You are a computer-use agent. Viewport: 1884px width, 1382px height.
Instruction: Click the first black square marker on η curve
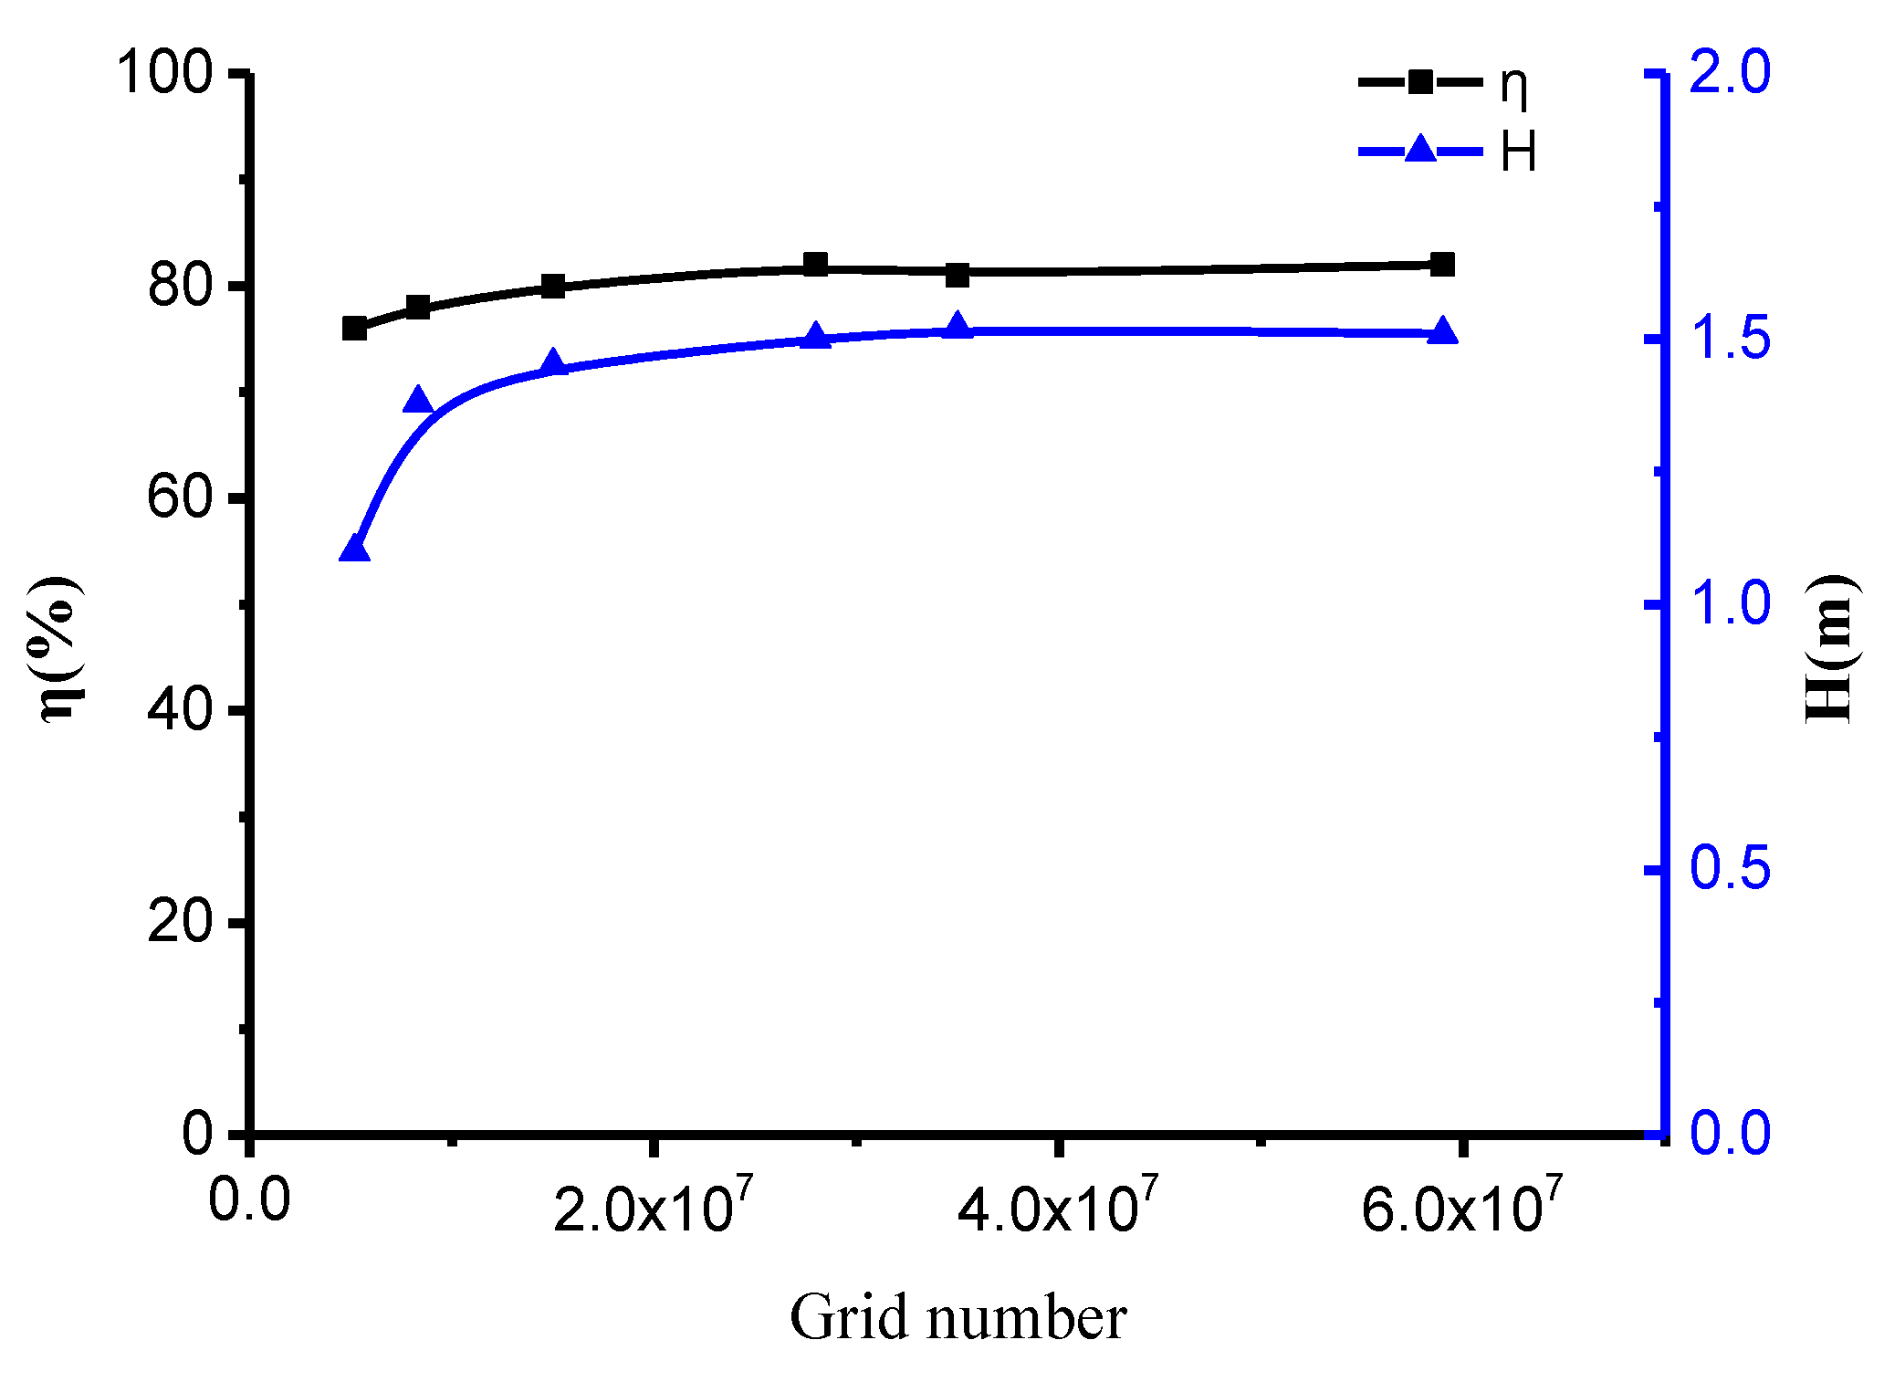[354, 329]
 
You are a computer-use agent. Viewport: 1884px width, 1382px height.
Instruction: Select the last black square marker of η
[1442, 265]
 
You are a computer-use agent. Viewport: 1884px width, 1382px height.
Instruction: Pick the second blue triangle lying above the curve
[418, 401]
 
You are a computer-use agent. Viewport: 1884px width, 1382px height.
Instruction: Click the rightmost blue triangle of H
[1442, 331]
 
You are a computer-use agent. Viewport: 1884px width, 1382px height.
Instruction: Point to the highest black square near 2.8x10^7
[815, 265]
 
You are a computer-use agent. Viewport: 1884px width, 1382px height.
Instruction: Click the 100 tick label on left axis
[164, 72]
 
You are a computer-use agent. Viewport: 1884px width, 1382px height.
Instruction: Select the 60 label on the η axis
[180, 498]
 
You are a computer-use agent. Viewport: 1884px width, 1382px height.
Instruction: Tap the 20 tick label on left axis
[180, 923]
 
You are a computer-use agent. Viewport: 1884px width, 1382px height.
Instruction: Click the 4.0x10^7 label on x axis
[1057, 1208]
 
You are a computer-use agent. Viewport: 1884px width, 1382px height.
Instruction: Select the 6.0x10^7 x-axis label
[1461, 1208]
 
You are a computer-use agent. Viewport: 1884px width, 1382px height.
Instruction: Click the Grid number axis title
[958, 1318]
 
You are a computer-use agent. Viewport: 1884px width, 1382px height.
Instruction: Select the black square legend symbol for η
[1420, 82]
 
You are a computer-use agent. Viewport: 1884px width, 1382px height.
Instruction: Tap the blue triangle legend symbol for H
[1420, 149]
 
